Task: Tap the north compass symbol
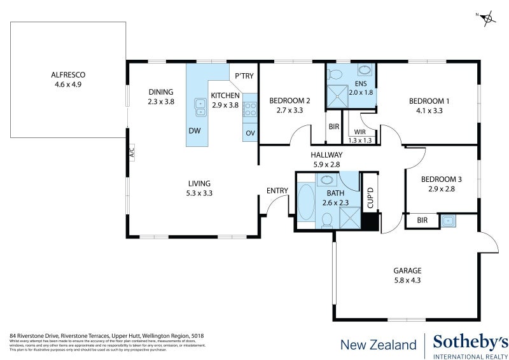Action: [x=488, y=18]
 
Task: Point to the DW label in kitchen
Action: [x=195, y=131]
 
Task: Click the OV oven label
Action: [x=250, y=133]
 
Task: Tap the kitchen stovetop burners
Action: [x=250, y=108]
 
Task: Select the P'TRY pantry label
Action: [x=244, y=76]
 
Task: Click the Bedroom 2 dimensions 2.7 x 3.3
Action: [x=289, y=110]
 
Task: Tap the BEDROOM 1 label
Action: [x=429, y=100]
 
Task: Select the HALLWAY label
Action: [x=327, y=155]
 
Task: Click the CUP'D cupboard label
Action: [x=370, y=198]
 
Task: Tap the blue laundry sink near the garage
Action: [x=449, y=220]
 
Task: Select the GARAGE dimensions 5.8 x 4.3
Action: [x=407, y=279]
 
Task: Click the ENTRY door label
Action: [x=277, y=191]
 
